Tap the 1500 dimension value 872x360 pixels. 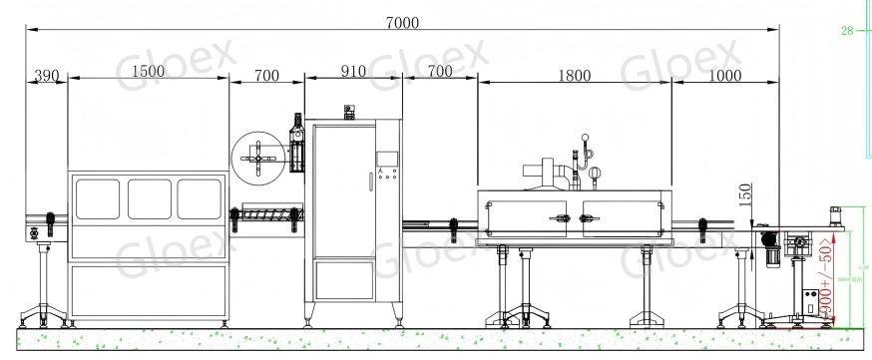click(148, 74)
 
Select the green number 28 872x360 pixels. click(847, 31)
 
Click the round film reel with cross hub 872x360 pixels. click(257, 157)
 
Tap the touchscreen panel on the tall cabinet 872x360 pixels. click(385, 159)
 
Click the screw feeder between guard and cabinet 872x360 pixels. click(267, 214)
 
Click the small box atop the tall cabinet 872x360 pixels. click(348, 111)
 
